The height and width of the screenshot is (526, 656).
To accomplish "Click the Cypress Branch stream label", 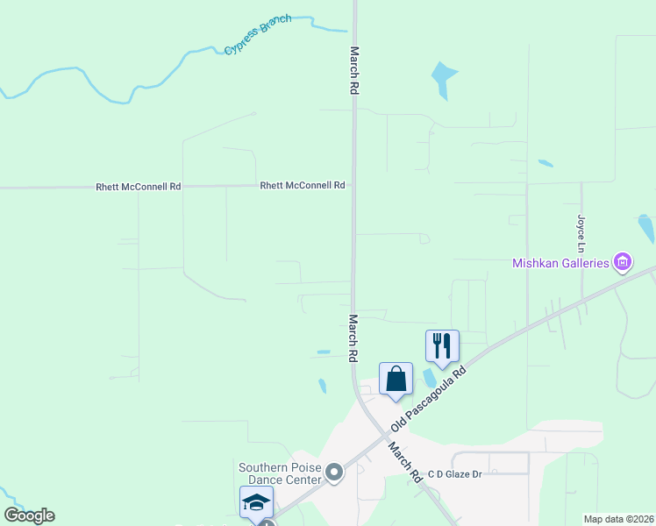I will tap(257, 34).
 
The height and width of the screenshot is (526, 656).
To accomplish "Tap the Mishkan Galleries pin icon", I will tap(623, 261).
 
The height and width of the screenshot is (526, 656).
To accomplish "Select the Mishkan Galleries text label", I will tap(560, 263).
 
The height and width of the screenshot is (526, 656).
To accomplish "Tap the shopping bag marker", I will tap(396, 379).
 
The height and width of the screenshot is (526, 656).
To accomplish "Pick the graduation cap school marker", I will tap(256, 502).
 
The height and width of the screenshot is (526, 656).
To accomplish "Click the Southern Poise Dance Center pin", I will tap(334, 473).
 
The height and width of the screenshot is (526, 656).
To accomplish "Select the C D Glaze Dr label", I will tap(455, 474).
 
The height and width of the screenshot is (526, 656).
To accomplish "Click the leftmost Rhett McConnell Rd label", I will tap(138, 187).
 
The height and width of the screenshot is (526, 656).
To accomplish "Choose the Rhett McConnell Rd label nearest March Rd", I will tap(302, 185).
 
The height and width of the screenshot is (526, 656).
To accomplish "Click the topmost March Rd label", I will tap(355, 70).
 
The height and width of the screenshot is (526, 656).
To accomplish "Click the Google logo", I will tap(29, 515).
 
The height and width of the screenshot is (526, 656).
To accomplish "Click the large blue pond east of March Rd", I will tap(443, 79).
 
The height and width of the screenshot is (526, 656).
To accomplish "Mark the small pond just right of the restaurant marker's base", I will tap(429, 376).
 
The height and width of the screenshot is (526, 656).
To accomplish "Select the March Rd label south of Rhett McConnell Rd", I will tap(353, 339).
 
